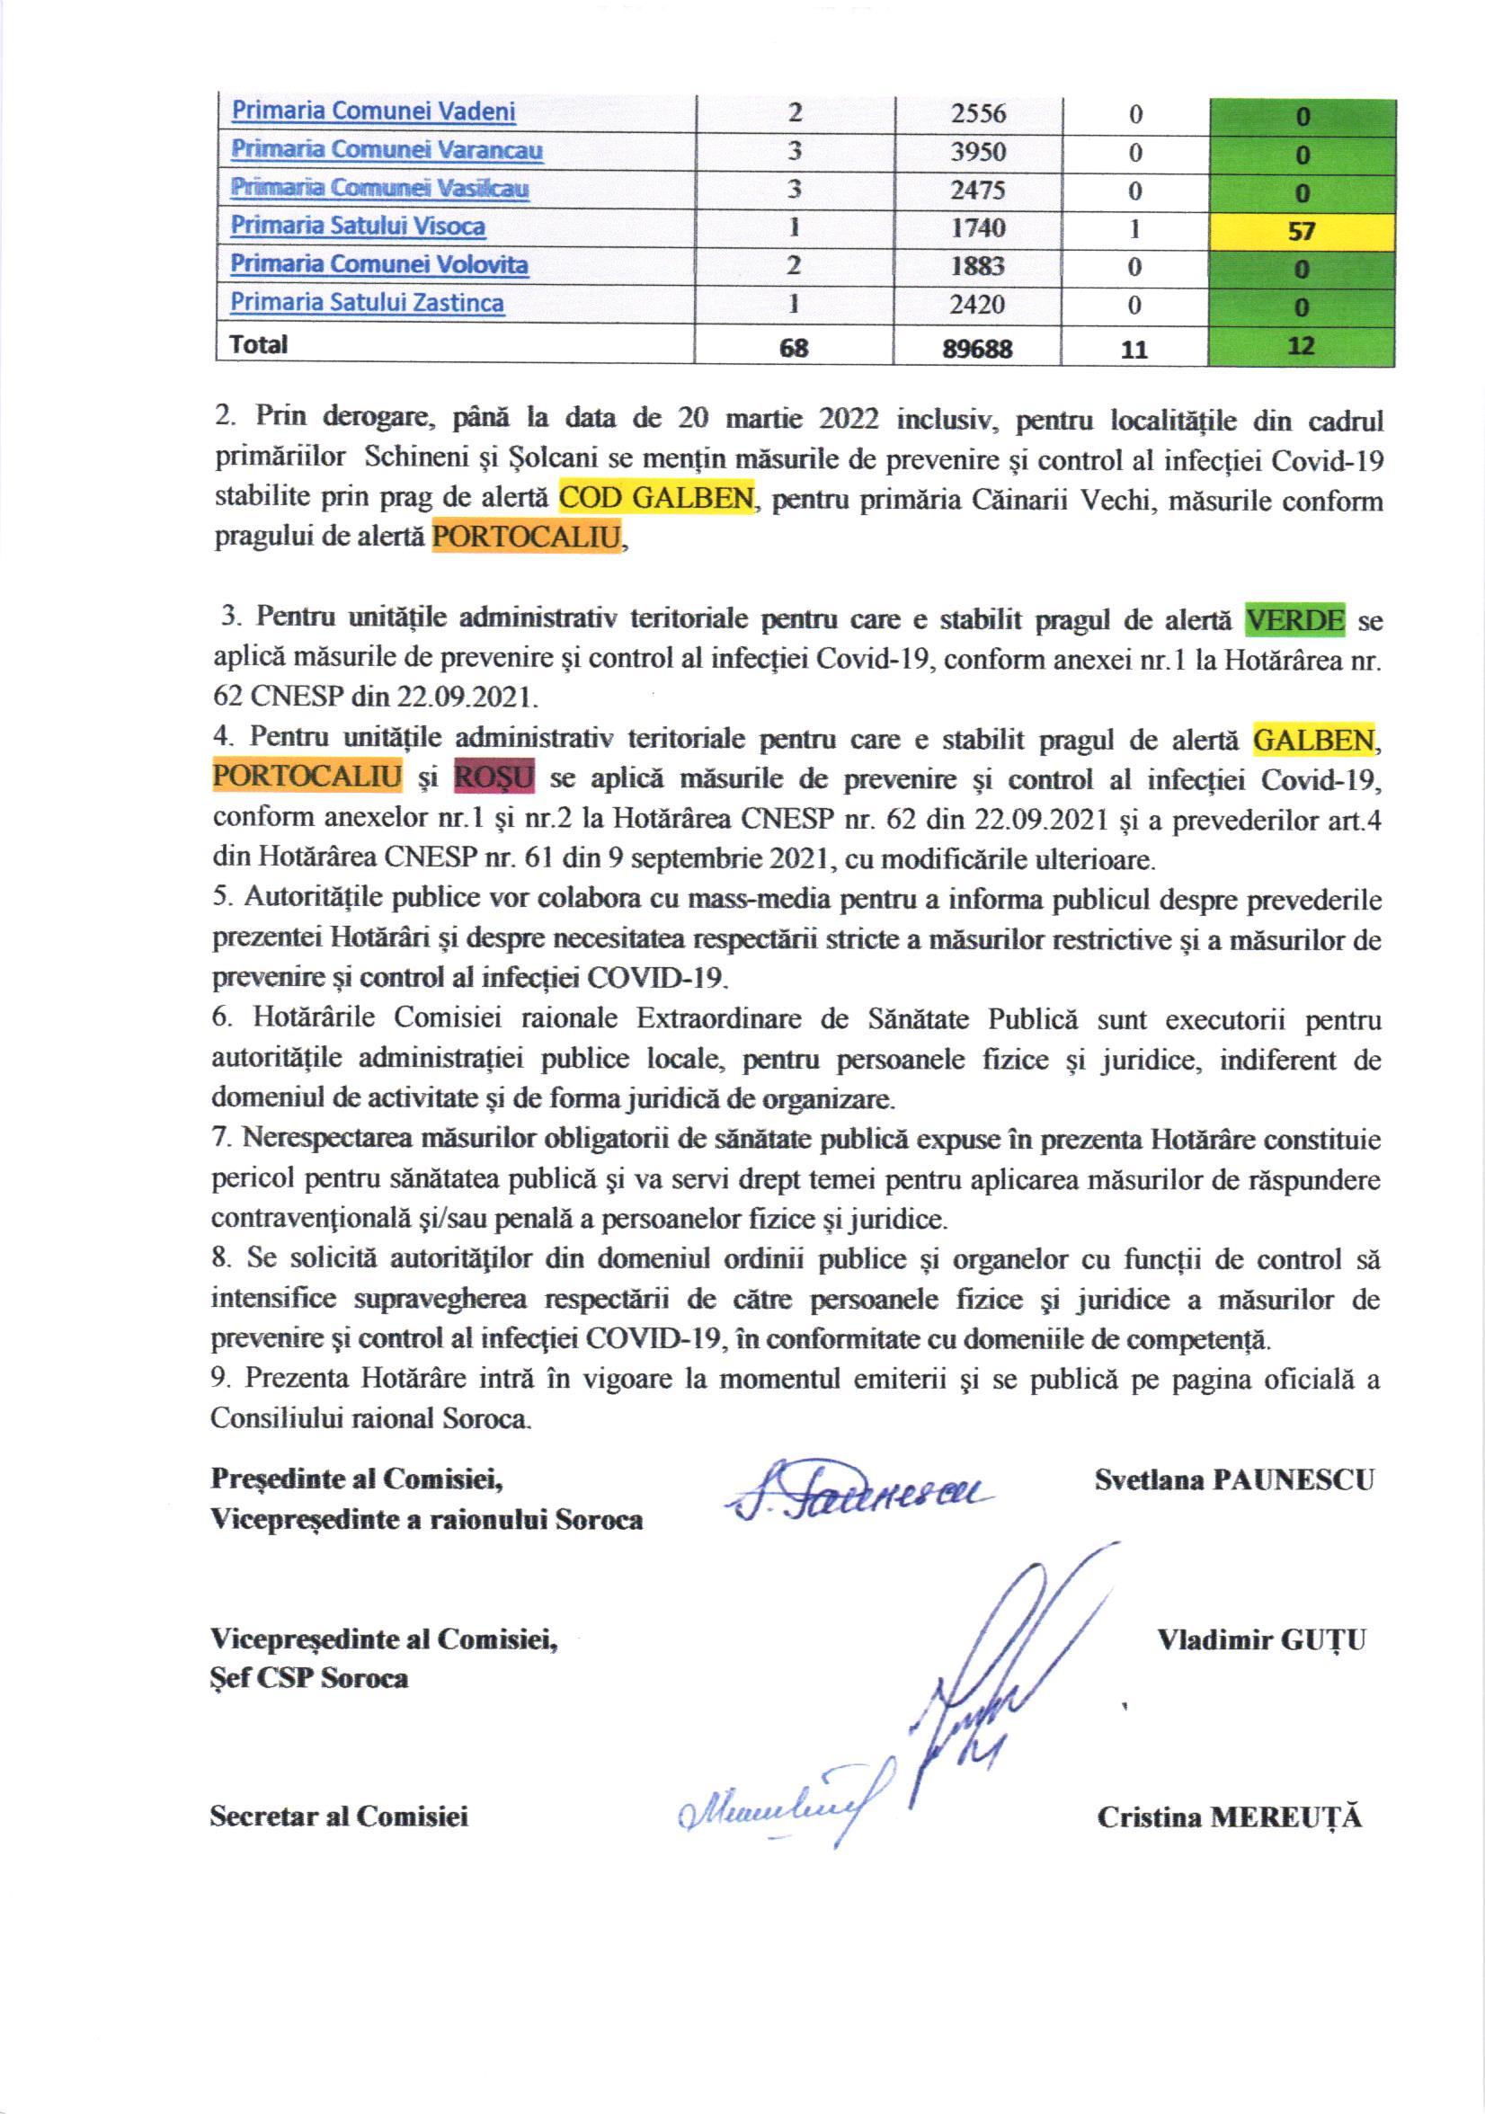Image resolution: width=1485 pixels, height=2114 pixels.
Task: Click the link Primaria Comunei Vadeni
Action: point(373,112)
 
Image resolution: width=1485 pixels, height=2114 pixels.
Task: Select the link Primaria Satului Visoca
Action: point(357,226)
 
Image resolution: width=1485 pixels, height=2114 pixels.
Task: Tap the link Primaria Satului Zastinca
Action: point(367,303)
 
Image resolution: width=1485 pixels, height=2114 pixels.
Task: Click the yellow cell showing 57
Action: point(1302,230)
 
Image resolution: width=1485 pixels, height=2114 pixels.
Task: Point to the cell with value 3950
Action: point(978,151)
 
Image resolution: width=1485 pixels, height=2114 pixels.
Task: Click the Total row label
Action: point(259,345)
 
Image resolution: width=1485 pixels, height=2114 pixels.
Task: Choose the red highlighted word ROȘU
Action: point(494,779)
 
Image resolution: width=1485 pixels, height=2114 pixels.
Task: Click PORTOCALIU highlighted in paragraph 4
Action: point(307,779)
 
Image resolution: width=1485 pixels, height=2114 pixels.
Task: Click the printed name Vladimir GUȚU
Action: point(1261,1639)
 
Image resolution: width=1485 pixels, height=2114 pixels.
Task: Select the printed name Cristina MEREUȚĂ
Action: point(1229,1817)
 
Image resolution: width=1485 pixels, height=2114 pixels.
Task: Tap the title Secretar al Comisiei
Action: point(339,1816)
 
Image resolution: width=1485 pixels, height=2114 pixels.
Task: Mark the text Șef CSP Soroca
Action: point(309,1678)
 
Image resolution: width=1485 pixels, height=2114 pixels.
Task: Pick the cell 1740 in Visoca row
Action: point(978,228)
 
